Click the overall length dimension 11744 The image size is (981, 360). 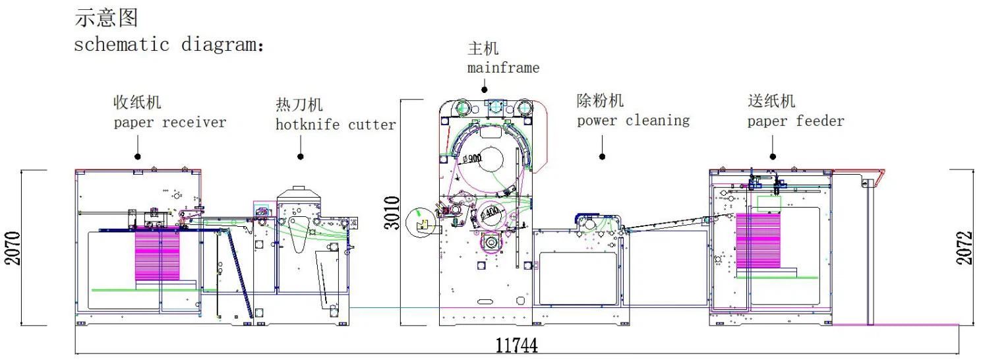[x=516, y=345]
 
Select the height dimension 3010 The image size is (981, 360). [x=392, y=212]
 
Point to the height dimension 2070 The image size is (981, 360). [x=13, y=248]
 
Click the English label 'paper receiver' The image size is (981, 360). [x=169, y=123]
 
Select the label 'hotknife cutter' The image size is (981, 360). [x=336, y=125]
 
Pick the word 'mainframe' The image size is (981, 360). [x=503, y=67]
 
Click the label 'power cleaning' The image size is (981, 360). [x=633, y=121]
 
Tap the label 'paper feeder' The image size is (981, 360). [x=795, y=121]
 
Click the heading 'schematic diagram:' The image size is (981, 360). [x=168, y=45]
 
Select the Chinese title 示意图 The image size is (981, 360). [x=106, y=18]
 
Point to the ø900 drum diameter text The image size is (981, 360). [x=473, y=158]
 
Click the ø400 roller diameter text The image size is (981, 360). [x=489, y=213]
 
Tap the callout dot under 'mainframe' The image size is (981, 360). [x=484, y=89]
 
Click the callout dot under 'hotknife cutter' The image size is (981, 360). [x=300, y=156]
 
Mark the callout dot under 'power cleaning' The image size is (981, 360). [x=602, y=156]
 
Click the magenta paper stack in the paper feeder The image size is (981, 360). [x=758, y=241]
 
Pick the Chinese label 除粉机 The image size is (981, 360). [x=599, y=101]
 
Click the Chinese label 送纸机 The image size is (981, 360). [x=771, y=102]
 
